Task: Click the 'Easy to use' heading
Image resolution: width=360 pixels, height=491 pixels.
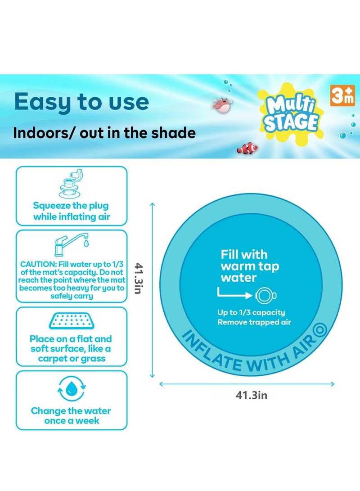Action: tap(81, 102)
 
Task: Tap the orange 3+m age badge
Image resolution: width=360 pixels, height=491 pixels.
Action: tap(342, 96)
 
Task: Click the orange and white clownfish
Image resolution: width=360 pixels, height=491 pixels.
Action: tap(247, 148)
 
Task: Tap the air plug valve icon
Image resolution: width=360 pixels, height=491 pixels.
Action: tap(72, 184)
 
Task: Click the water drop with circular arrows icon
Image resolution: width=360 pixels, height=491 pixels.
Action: tap(72, 389)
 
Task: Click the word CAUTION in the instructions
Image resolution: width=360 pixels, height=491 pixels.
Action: tap(37, 264)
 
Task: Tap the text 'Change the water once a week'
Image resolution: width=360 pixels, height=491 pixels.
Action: tap(71, 416)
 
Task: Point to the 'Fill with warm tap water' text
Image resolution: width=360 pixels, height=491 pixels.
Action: tap(250, 266)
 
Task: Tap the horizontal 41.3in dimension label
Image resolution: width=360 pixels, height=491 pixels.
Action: tap(252, 396)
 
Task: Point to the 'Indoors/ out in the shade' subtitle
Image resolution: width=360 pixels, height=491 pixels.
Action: tap(104, 133)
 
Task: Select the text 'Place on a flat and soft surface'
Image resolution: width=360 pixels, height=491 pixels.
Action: tap(71, 349)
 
